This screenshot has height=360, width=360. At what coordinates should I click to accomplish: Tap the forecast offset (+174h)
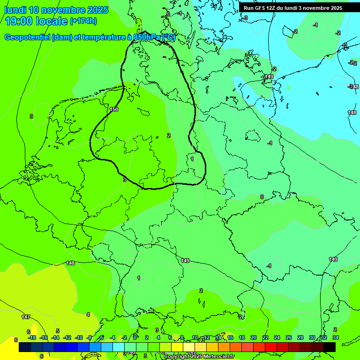(83, 21)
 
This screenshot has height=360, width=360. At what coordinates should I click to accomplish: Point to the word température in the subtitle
(102, 37)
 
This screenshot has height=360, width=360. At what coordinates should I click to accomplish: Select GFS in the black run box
(260, 8)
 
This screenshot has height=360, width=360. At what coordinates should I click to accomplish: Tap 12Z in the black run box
(272, 8)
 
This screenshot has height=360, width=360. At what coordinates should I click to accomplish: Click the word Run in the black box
(249, 8)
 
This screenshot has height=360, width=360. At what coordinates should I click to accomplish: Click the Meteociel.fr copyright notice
(199, 357)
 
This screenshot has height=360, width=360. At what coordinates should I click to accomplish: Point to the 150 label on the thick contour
(113, 109)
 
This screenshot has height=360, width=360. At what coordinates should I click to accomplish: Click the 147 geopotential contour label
(26, 317)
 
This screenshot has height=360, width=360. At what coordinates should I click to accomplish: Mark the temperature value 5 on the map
(58, 331)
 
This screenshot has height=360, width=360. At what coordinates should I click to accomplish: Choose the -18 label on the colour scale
(32, 337)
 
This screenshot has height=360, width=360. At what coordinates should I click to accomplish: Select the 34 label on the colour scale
(335, 337)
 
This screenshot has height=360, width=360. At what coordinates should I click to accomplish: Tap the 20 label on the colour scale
(253, 337)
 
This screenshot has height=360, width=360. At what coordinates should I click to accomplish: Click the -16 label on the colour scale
(44, 337)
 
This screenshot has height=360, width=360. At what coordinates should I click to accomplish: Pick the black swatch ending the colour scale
(330, 347)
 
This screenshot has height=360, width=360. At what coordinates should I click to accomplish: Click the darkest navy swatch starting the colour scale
(25, 347)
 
